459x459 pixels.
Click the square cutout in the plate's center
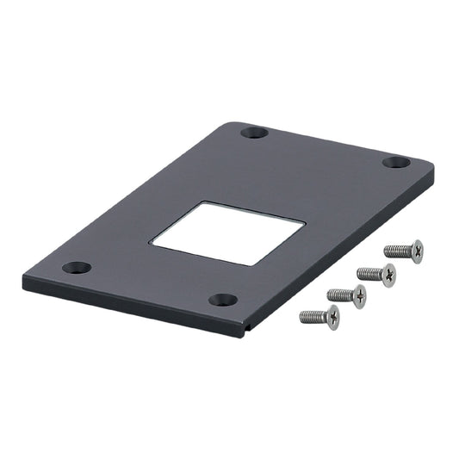click(x=228, y=233)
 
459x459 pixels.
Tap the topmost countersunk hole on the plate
click(x=252, y=133)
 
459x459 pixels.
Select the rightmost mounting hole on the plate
click(x=395, y=162)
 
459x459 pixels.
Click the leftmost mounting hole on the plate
click(x=77, y=268)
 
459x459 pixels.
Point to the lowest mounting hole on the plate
click(x=224, y=300)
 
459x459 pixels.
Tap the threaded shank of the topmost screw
click(x=397, y=251)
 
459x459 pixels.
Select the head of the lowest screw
click(x=331, y=316)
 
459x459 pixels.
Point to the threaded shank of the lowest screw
click(x=311, y=317)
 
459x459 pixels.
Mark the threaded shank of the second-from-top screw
click(x=369, y=273)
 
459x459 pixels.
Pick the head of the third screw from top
click(x=358, y=295)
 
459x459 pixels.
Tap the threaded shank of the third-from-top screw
click(x=339, y=295)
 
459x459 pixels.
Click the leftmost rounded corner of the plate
click(x=26, y=276)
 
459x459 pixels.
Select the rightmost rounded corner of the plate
click(x=430, y=165)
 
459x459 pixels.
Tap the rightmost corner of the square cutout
click(x=304, y=222)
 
